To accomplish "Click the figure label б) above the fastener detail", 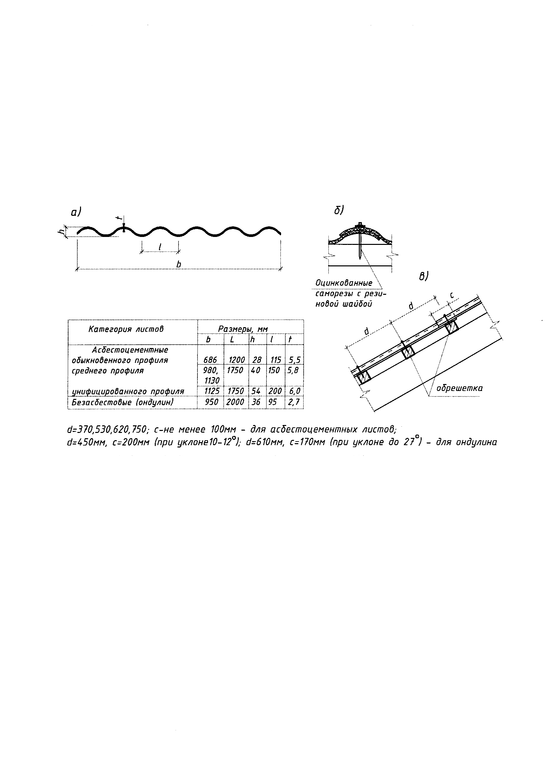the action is [x=339, y=211].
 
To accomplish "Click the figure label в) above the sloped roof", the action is [x=423, y=276].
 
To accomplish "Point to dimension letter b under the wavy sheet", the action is [x=179, y=265].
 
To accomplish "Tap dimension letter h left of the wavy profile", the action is [x=61, y=232].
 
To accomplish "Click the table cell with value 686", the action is [x=210, y=360].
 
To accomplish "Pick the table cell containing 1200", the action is [x=236, y=360].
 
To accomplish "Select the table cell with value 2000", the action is [x=236, y=402].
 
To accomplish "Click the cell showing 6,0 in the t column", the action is [x=294, y=391].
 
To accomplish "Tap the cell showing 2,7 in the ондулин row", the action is [x=294, y=402].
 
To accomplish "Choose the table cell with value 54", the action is [x=256, y=391].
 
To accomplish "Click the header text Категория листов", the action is [x=126, y=329].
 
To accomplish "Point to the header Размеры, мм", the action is [x=243, y=329].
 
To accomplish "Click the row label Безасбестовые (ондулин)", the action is [x=123, y=402].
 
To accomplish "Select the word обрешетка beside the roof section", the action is [x=459, y=388].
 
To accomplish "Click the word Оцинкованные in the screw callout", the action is [x=344, y=283].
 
